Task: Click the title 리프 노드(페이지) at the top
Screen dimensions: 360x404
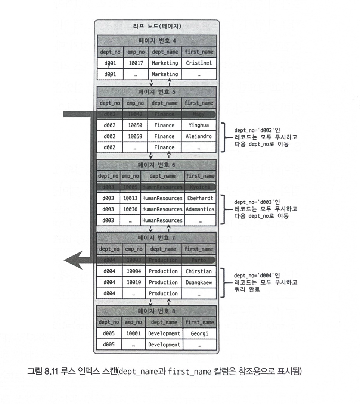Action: (156, 26)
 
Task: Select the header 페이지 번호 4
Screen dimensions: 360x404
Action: (156, 41)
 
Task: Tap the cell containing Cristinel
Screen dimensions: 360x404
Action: (199, 63)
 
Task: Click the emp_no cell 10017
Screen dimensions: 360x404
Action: (136, 63)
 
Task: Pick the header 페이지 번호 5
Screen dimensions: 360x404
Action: (156, 92)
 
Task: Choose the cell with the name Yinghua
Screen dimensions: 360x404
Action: (199, 125)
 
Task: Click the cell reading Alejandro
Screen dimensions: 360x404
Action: (199, 136)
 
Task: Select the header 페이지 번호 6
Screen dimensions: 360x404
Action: (156, 165)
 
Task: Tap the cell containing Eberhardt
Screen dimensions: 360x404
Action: (200, 198)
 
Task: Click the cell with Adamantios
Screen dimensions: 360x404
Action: (200, 209)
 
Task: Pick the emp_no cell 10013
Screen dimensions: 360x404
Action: (130, 198)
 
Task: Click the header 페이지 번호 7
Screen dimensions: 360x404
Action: (156, 238)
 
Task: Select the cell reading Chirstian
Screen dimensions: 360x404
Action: (199, 271)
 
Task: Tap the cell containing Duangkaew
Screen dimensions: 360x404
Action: (199, 283)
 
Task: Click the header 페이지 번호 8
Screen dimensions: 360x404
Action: (156, 311)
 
